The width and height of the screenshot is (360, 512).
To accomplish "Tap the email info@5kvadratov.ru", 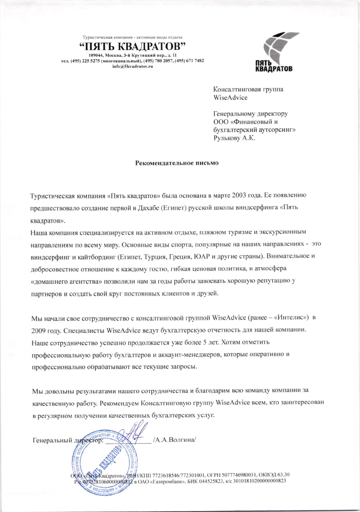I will (133, 66).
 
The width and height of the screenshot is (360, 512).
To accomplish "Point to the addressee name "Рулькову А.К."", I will (234, 138).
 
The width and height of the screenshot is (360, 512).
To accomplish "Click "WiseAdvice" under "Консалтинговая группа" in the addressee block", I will (230, 97).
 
